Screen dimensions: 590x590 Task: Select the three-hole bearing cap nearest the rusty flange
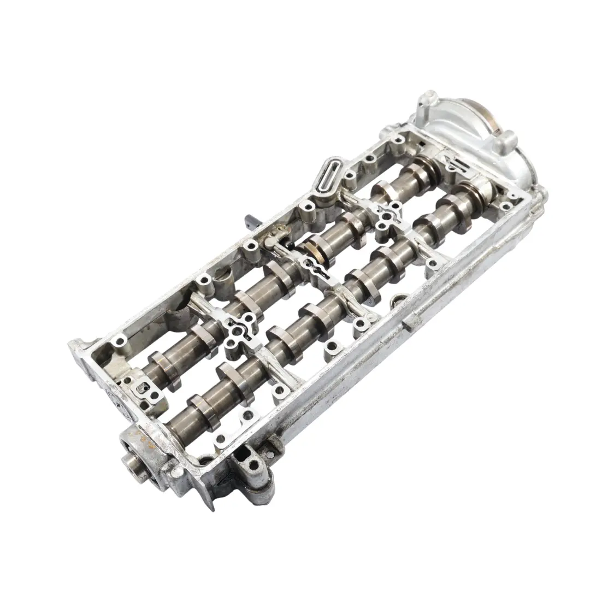(236, 332)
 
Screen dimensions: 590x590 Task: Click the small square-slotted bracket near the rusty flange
(145, 389)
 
